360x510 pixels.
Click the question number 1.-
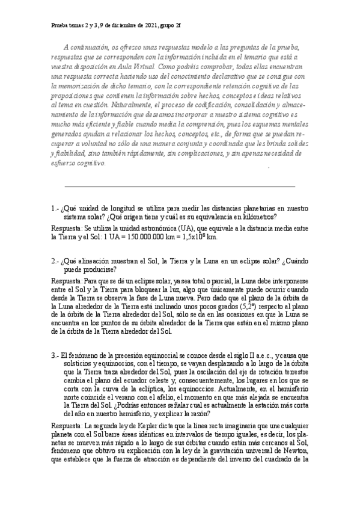pyautogui.click(x=56, y=209)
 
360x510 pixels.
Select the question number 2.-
pyautogui.click(x=56, y=261)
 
